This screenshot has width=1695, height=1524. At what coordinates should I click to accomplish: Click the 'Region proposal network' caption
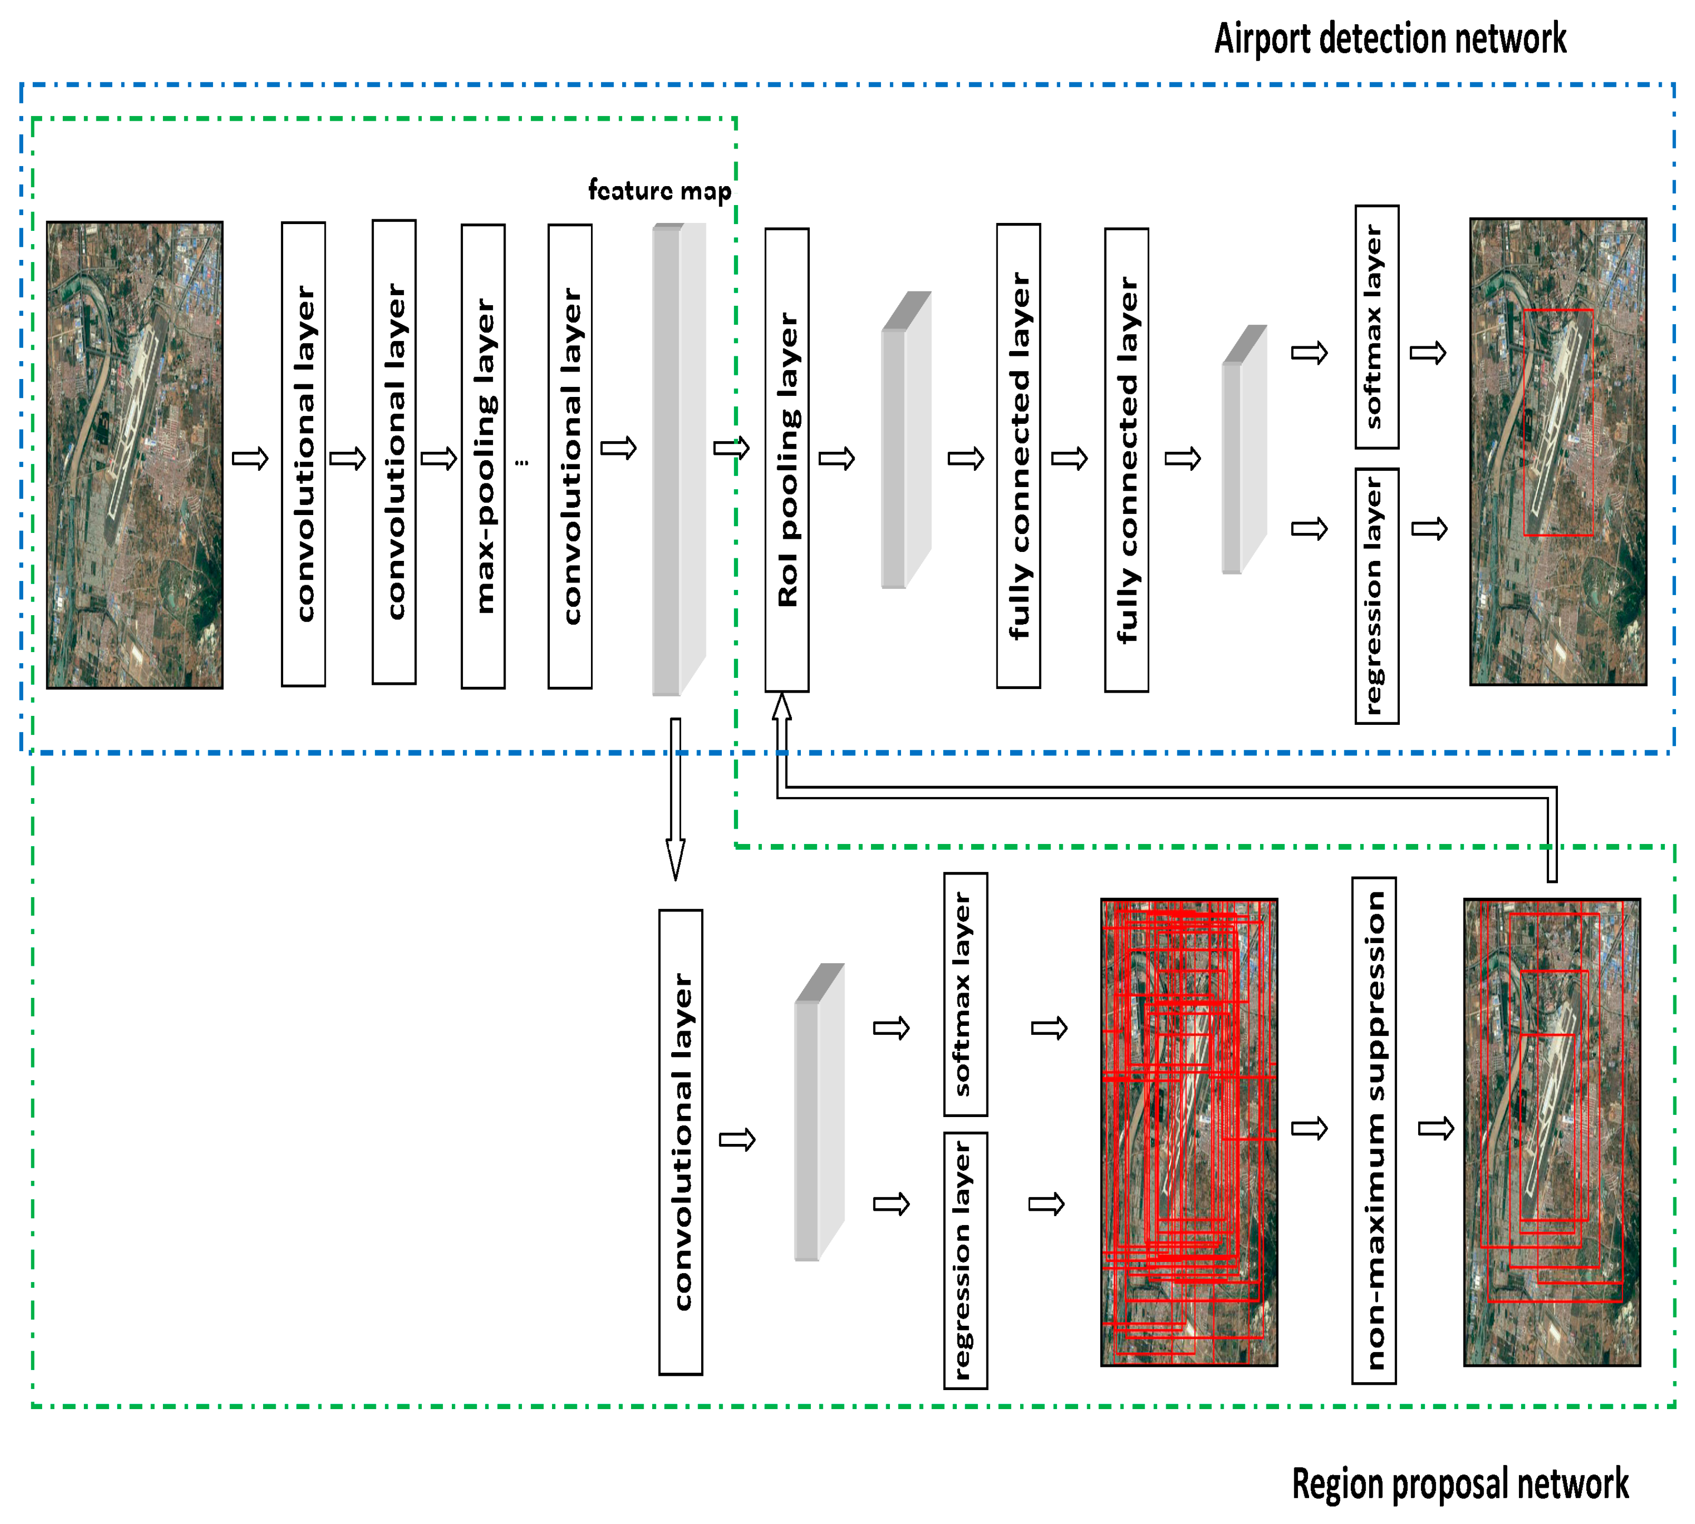[1460, 1484]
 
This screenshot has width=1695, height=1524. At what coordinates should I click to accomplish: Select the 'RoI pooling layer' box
[787, 460]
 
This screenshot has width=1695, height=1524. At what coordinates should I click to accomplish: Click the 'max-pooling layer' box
[483, 457]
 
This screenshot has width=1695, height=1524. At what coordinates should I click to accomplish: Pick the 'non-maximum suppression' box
[1373, 1130]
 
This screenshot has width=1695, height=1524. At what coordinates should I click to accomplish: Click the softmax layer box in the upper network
[1376, 327]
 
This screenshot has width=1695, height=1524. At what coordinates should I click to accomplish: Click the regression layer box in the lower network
[965, 1260]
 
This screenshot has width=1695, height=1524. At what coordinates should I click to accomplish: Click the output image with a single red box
[1557, 452]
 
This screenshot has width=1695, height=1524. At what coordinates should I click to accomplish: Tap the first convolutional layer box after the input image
[303, 454]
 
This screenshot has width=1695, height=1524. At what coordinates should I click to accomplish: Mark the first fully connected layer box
[1019, 457]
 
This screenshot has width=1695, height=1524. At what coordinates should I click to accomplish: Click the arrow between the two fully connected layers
[1069, 458]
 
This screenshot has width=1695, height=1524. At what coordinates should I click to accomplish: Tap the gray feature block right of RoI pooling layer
[905, 444]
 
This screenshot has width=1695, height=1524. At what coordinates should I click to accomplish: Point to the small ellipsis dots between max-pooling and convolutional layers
[522, 461]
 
